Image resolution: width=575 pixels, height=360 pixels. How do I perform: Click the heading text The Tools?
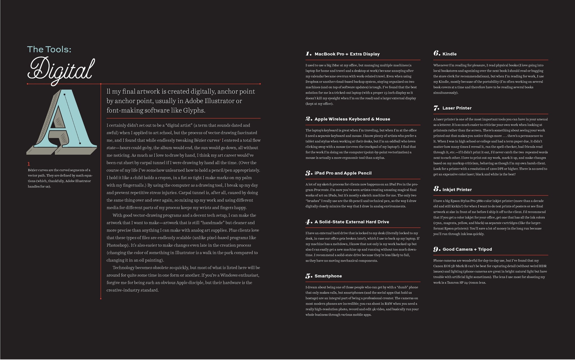[x=49, y=49]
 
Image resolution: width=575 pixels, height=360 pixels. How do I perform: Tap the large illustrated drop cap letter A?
[x=62, y=122]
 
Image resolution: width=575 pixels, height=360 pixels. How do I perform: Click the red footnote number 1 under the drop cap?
[x=29, y=164]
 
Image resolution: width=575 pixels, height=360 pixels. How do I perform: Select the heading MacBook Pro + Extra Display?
[x=347, y=54]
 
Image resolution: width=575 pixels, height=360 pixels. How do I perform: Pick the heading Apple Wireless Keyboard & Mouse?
[x=352, y=119]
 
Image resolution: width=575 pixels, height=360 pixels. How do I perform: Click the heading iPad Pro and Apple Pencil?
[x=343, y=173]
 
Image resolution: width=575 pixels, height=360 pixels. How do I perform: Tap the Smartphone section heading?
[x=328, y=276]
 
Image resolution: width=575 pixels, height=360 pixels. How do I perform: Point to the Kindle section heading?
[x=449, y=54]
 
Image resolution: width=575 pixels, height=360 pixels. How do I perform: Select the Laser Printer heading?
[x=457, y=108]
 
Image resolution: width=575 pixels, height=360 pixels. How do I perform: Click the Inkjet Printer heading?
[x=457, y=190]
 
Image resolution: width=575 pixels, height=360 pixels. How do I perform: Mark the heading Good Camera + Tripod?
[x=467, y=249]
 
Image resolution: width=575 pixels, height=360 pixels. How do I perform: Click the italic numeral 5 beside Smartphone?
[x=309, y=276]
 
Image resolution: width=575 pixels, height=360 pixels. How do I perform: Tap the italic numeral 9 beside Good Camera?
[x=437, y=249]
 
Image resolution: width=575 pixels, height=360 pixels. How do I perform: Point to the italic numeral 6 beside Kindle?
[x=437, y=53]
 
